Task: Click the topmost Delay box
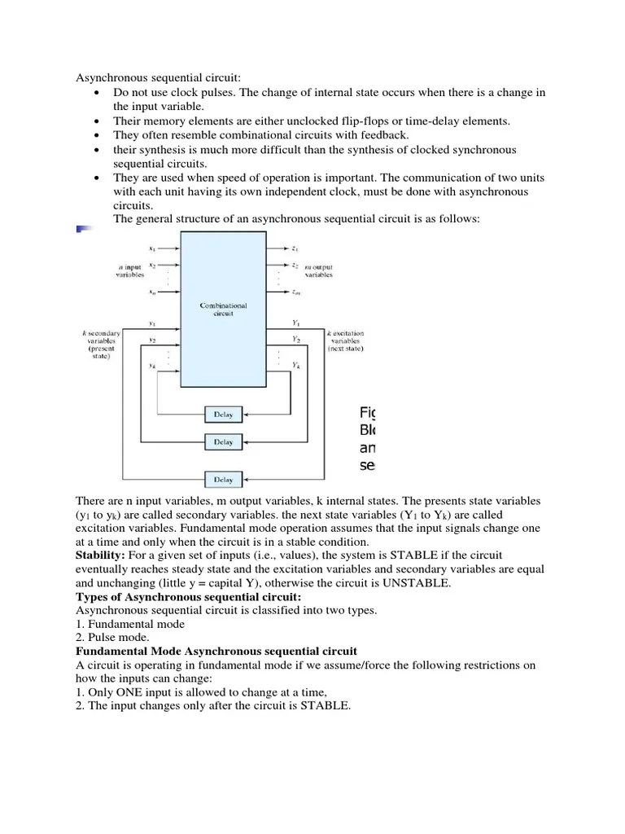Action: click(x=223, y=415)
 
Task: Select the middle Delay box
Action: click(x=223, y=442)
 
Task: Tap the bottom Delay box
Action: click(x=223, y=479)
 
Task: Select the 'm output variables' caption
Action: click(x=317, y=270)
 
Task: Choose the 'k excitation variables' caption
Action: click(x=345, y=340)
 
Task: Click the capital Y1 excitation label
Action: click(x=296, y=322)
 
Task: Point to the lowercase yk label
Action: click(x=152, y=367)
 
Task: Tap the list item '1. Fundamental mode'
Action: click(x=130, y=624)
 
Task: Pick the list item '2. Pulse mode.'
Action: click(x=116, y=638)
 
